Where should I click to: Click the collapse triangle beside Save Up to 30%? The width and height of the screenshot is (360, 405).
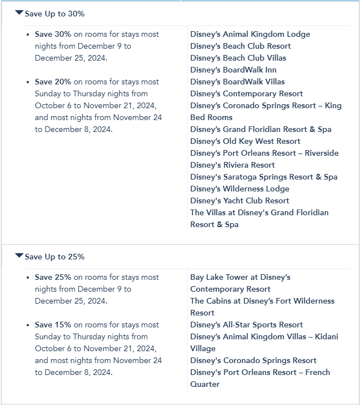click(x=19, y=12)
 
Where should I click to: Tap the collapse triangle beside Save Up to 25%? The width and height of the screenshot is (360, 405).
click(x=19, y=255)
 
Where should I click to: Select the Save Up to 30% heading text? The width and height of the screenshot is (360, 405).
click(x=54, y=14)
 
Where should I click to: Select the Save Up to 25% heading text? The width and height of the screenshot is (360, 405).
click(x=54, y=257)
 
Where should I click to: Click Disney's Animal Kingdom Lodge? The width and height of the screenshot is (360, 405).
click(x=250, y=34)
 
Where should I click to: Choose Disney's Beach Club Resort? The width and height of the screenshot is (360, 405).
click(x=240, y=46)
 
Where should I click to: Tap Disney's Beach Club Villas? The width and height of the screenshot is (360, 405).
click(x=238, y=58)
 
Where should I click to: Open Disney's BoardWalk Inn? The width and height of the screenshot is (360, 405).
click(x=233, y=70)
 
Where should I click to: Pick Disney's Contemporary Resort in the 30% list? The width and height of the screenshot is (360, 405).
click(x=247, y=93)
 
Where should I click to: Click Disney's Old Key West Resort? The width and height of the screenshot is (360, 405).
click(x=245, y=141)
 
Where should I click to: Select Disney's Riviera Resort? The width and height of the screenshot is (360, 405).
click(x=232, y=165)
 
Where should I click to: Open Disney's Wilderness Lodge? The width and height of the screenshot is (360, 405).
click(x=240, y=189)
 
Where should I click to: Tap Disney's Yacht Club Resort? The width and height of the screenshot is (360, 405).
click(x=240, y=201)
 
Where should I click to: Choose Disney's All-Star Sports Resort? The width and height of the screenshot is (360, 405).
click(x=247, y=325)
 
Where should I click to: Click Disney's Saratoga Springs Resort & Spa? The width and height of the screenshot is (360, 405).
click(x=264, y=177)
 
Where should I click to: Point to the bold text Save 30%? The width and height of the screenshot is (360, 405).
click(x=53, y=34)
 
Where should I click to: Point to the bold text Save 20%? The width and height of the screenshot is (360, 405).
click(x=53, y=82)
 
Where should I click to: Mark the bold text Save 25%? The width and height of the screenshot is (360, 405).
click(x=53, y=277)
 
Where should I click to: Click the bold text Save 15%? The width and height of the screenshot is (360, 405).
click(x=53, y=325)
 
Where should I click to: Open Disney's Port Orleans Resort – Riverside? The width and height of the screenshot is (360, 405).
click(x=264, y=153)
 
